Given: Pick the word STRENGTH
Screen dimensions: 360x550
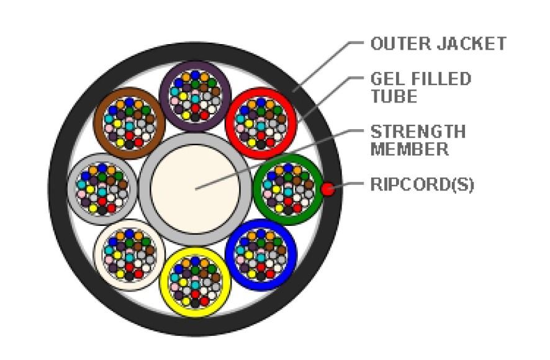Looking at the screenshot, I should click(x=418, y=132).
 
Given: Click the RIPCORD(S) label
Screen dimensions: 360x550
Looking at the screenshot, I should click(x=422, y=186).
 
